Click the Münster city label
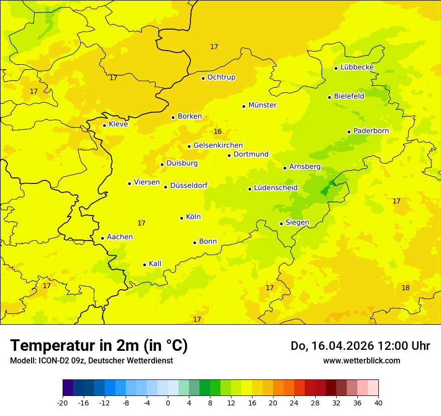point(262,105)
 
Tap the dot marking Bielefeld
point(330,97)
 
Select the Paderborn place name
point(371,131)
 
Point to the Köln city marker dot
point(182,218)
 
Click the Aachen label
point(120,237)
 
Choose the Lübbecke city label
point(357,67)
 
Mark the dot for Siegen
point(282,224)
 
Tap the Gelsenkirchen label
point(218,145)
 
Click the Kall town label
point(155,264)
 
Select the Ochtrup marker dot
point(203,78)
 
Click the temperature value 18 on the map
point(405,288)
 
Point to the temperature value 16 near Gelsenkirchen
point(217,132)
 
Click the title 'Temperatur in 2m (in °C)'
point(99,345)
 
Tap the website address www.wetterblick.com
point(361,360)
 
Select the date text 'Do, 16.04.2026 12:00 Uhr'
point(360,346)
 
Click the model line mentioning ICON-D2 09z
point(91,360)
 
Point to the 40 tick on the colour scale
point(378,402)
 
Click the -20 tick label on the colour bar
point(63,402)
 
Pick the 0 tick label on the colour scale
point(168,402)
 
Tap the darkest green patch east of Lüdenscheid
point(325,190)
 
